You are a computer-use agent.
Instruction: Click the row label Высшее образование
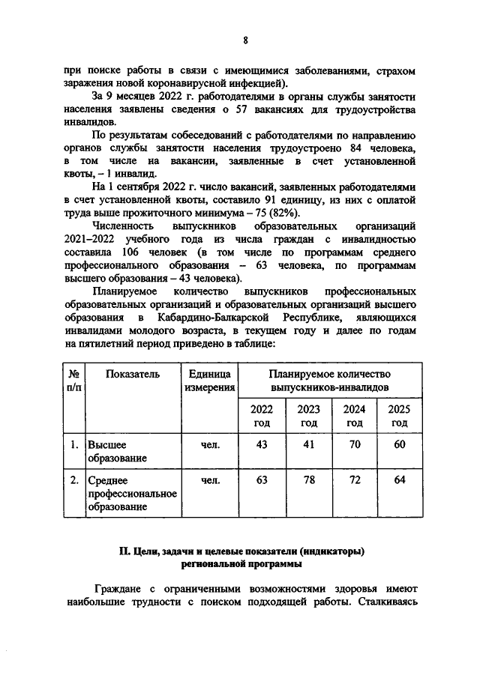116,451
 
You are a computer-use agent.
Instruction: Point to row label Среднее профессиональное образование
132,494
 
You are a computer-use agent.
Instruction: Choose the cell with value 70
354,444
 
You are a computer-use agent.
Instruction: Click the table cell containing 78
308,480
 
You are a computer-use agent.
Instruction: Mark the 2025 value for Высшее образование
400,444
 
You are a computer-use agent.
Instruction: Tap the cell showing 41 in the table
308,444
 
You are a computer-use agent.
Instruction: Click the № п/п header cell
74,381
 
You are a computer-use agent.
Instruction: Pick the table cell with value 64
400,480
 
